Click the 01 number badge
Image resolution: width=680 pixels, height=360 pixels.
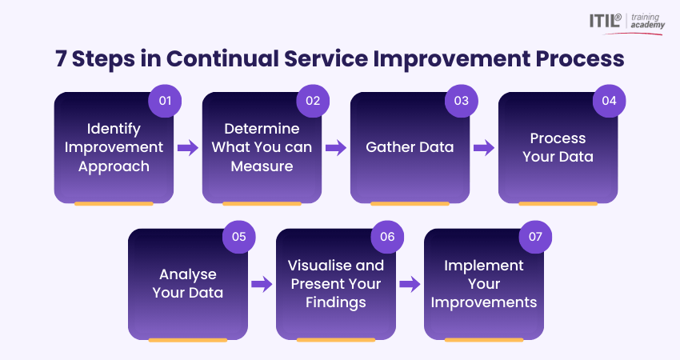(x=166, y=101)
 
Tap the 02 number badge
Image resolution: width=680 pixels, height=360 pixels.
(x=313, y=101)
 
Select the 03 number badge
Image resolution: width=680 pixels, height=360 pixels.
(x=462, y=101)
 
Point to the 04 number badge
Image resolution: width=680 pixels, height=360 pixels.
(x=609, y=101)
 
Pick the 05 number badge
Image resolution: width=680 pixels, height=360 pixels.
(x=239, y=237)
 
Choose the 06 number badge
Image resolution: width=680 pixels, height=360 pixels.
(x=387, y=237)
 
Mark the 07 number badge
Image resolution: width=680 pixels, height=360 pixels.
(x=535, y=237)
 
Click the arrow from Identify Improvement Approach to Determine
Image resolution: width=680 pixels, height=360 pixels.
(x=188, y=148)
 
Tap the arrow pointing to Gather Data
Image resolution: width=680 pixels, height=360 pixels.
(x=336, y=148)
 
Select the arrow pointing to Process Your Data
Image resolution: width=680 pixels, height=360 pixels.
(x=484, y=148)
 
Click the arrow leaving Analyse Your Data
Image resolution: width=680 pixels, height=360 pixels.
(x=262, y=284)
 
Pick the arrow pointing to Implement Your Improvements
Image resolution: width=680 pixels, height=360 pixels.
(x=410, y=284)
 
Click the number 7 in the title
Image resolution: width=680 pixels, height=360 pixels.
(x=61, y=59)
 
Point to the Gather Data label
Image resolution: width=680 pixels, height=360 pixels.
(x=410, y=147)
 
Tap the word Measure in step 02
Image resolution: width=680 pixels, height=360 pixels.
(x=262, y=166)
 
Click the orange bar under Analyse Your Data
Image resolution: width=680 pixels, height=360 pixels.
(x=188, y=340)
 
